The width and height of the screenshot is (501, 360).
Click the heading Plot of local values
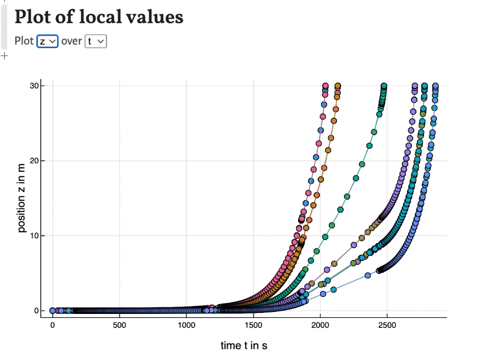click(99, 17)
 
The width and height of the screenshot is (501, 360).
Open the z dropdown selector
click(48, 41)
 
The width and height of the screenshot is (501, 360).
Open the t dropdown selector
click(96, 41)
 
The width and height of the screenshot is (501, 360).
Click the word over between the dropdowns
click(72, 41)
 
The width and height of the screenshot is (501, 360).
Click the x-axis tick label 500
click(119, 325)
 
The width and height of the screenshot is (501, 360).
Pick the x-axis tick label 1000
click(186, 325)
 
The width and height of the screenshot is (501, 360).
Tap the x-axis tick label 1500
click(253, 325)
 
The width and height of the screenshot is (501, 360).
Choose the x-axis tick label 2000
click(320, 325)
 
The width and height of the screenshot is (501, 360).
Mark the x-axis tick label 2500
click(387, 325)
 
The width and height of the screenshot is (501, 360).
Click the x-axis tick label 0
click(53, 325)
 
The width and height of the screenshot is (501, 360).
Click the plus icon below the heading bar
click(5, 56)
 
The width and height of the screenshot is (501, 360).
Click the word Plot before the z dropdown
click(24, 41)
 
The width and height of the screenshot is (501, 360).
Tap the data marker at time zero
click(53, 310)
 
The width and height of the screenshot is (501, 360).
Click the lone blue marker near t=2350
click(368, 275)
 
